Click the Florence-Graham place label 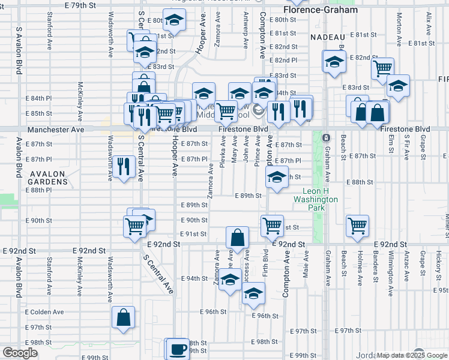[x=321, y=10]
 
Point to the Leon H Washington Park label [x=316, y=200]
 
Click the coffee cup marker [x=177, y=349]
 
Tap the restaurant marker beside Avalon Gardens [x=124, y=166]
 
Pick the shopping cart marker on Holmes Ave [x=357, y=226]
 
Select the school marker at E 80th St [x=174, y=22]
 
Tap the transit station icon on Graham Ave [x=326, y=138]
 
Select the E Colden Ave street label [x=44, y=312]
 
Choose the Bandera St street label [x=376, y=267]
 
